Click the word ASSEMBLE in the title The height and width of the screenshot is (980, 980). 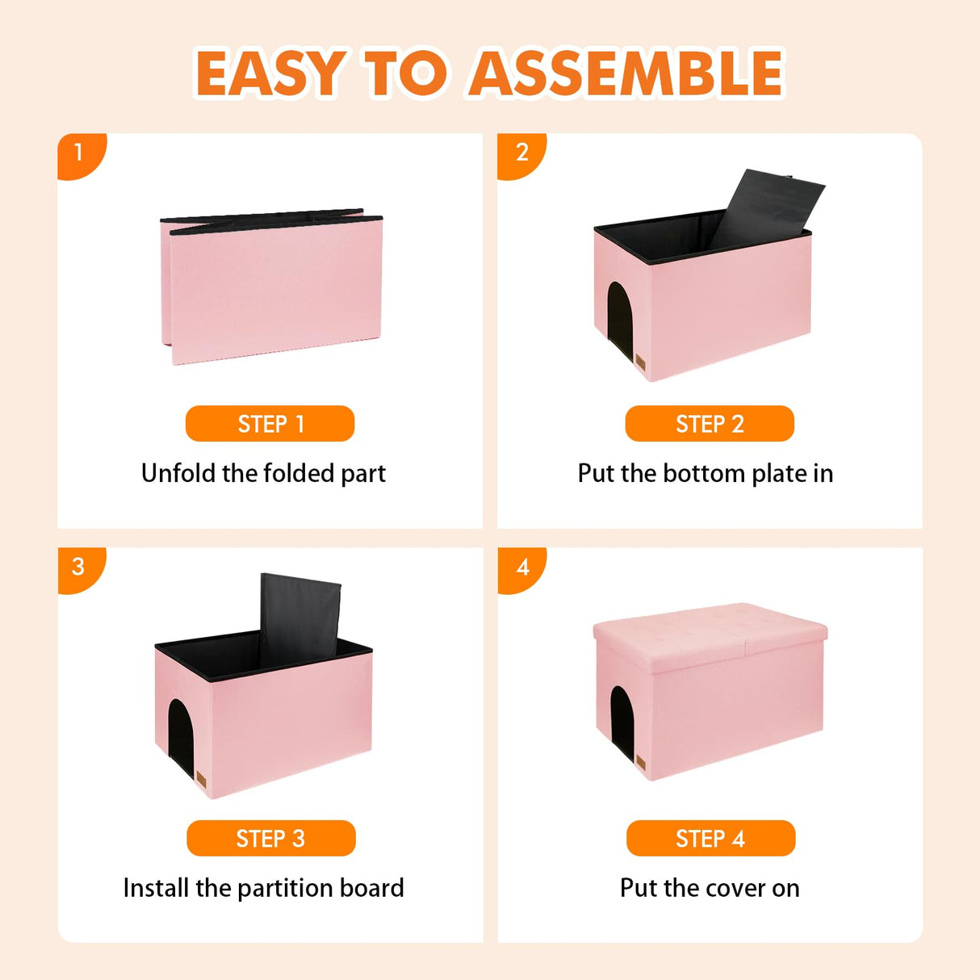[626, 73]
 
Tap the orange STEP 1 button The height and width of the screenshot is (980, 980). [270, 424]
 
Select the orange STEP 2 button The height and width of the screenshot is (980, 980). [710, 424]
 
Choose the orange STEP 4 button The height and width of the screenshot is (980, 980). [710, 839]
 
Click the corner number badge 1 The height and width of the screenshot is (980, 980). [78, 153]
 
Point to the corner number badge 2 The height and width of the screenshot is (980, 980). [521, 153]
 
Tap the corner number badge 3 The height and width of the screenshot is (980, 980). [78, 567]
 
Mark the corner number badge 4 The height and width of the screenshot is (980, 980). [522, 567]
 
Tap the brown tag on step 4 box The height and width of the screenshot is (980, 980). [641, 764]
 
